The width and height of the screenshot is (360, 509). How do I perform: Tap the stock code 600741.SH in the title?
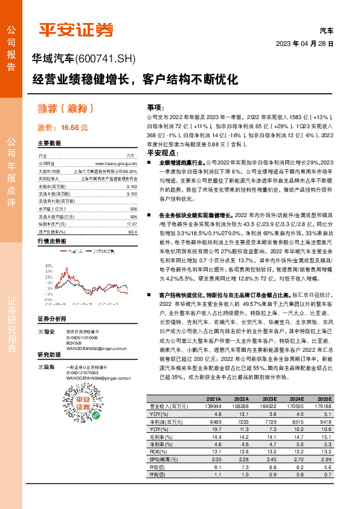coord(106,59)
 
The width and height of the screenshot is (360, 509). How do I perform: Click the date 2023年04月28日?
coord(304,44)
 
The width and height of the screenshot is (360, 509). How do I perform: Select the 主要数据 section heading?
coord(50,144)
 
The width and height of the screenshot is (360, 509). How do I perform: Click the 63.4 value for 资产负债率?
coord(132,232)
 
